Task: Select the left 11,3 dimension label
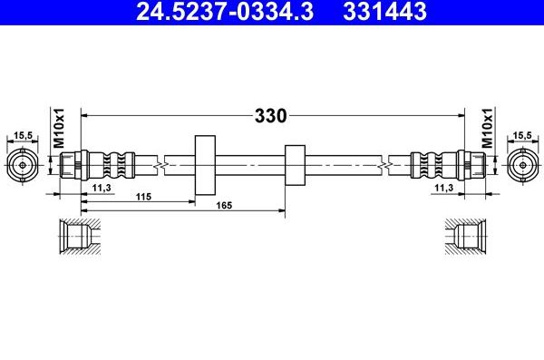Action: click(102, 188)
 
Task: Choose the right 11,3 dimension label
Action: click(444, 188)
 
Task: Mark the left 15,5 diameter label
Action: click(22, 136)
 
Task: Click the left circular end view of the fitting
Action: click(22, 165)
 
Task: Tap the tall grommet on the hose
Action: click(205, 165)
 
